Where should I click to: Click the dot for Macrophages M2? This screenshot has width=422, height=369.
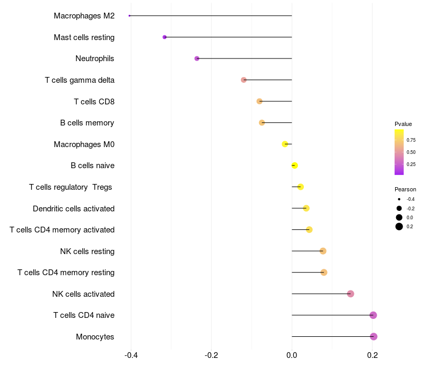pos(129,16)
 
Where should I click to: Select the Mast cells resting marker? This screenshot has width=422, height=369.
pos(165,37)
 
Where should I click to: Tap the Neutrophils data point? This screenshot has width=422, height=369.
pos(197,59)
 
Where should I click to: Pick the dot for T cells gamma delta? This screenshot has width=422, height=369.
pos(244,80)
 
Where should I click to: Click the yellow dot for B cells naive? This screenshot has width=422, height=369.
pos(294,166)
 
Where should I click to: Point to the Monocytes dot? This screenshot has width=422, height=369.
pos(373,336)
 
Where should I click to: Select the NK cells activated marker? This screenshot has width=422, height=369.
pos(350,294)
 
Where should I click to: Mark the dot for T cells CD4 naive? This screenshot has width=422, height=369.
pos(373,315)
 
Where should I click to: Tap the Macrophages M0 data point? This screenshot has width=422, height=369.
pos(285,144)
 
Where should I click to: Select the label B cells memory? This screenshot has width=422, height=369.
pos(87,123)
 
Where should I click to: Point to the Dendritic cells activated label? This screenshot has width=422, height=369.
pos(73,209)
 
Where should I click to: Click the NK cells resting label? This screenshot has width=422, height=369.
pos(87,251)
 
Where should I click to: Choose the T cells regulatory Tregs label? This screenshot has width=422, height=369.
pos(70,187)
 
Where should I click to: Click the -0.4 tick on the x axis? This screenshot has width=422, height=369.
pos(131,355)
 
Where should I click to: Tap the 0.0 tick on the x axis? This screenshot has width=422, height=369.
pos(292,355)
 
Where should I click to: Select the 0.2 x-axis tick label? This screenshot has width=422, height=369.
pos(372,355)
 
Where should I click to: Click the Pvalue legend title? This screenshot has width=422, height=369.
pos(403,124)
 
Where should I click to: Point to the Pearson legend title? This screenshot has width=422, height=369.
pos(405,189)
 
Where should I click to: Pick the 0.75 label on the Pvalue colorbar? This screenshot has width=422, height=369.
pos(411,140)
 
